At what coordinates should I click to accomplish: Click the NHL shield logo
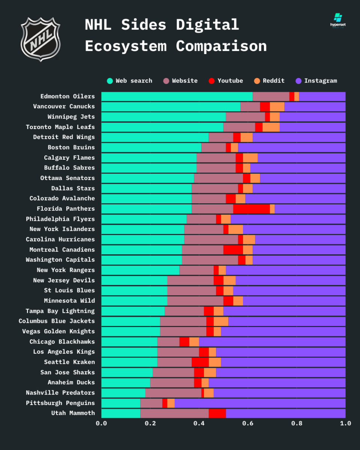(x=40, y=39)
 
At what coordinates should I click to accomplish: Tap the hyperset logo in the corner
(x=338, y=21)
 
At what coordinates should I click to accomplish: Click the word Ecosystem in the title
(x=126, y=46)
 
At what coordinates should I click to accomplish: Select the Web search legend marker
(x=110, y=81)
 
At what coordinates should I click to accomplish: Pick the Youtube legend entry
(x=226, y=81)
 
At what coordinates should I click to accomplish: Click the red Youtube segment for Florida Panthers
(x=251, y=209)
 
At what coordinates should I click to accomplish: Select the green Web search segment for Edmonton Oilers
(x=177, y=96)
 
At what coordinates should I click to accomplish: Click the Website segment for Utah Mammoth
(x=174, y=413)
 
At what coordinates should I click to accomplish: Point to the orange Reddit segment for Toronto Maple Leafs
(x=271, y=127)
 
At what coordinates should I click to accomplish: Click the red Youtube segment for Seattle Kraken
(x=200, y=362)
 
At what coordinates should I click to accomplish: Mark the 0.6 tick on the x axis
(x=248, y=423)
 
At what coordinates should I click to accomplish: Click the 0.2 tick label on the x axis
(x=150, y=423)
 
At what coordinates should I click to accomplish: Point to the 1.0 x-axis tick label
(x=345, y=423)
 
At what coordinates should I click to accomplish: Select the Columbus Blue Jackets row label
(x=57, y=321)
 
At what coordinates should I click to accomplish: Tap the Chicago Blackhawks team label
(x=62, y=342)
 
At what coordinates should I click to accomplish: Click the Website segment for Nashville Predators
(x=173, y=393)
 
